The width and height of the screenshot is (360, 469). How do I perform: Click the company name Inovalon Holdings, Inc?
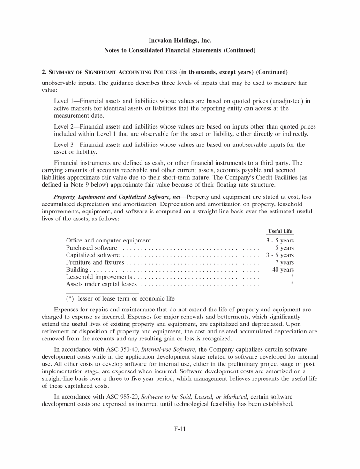click(180, 41)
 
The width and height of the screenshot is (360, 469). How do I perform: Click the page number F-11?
click(180, 439)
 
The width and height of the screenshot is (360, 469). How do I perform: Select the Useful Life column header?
click(280, 231)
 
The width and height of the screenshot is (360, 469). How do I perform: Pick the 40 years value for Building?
click(283, 270)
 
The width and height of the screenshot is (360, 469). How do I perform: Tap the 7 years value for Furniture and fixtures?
click(285, 262)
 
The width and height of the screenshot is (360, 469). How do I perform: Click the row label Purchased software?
click(92, 248)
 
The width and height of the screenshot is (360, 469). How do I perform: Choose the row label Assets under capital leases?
click(101, 284)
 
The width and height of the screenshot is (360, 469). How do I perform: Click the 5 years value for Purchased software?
click(285, 248)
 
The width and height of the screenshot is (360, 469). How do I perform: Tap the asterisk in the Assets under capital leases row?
click(292, 285)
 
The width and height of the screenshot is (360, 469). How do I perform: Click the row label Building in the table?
click(77, 270)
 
